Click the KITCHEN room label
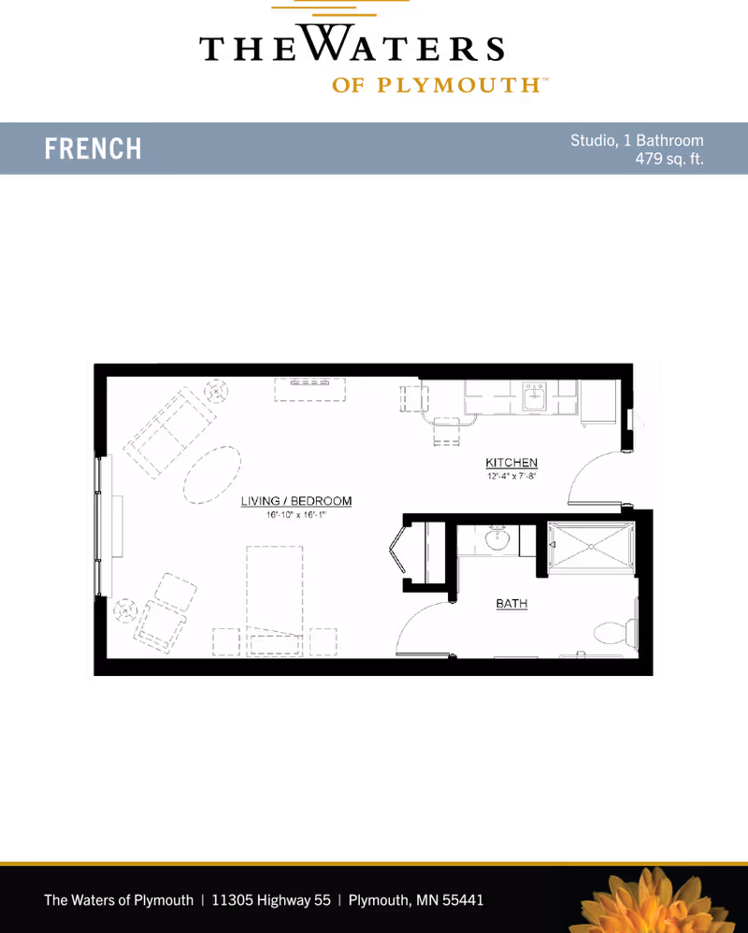(x=511, y=463)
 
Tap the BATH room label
(x=511, y=603)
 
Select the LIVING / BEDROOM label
(x=295, y=501)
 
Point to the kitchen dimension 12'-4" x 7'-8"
(x=511, y=476)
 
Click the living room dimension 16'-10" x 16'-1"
(x=295, y=515)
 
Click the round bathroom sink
(x=496, y=539)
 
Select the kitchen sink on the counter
(x=535, y=396)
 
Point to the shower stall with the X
(x=591, y=546)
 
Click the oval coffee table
(x=212, y=475)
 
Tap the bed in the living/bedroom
(x=274, y=601)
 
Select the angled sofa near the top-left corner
(x=170, y=432)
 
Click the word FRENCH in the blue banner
(x=93, y=149)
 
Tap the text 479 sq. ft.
(x=669, y=159)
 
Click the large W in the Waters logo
(x=326, y=42)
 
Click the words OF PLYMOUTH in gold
(x=438, y=85)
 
